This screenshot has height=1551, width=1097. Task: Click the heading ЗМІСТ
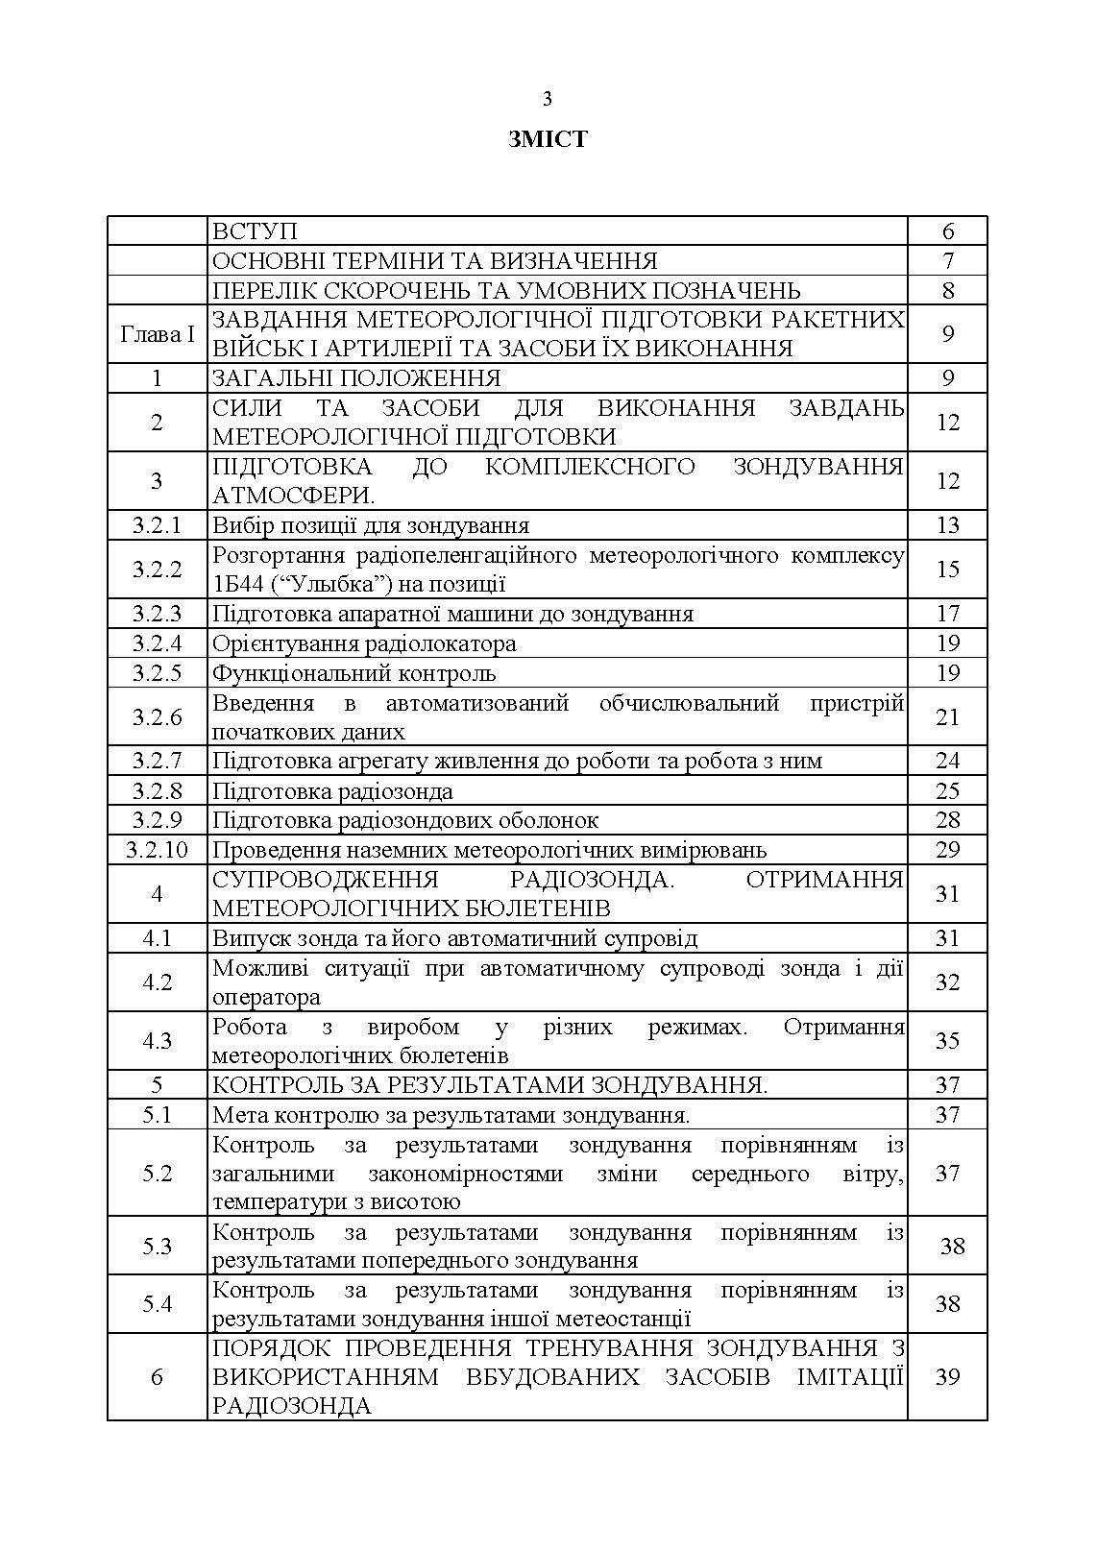548,139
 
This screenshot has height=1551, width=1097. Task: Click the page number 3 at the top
548,99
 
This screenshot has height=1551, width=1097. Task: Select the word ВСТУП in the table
255,231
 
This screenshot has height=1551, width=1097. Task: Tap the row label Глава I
158,334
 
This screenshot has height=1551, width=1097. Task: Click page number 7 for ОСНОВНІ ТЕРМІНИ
947,261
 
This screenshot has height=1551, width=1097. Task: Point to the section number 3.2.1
158,525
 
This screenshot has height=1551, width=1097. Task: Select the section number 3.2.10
158,850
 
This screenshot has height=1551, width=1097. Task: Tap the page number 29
947,850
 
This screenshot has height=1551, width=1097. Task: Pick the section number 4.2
158,982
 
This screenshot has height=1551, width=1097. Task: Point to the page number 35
947,1041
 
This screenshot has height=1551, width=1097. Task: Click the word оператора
266,997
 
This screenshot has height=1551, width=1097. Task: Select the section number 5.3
158,1247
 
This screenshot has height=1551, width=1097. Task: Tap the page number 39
947,1377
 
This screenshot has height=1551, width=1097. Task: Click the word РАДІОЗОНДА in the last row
292,1406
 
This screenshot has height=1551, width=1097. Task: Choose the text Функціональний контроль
353,673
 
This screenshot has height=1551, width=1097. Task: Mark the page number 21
947,717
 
